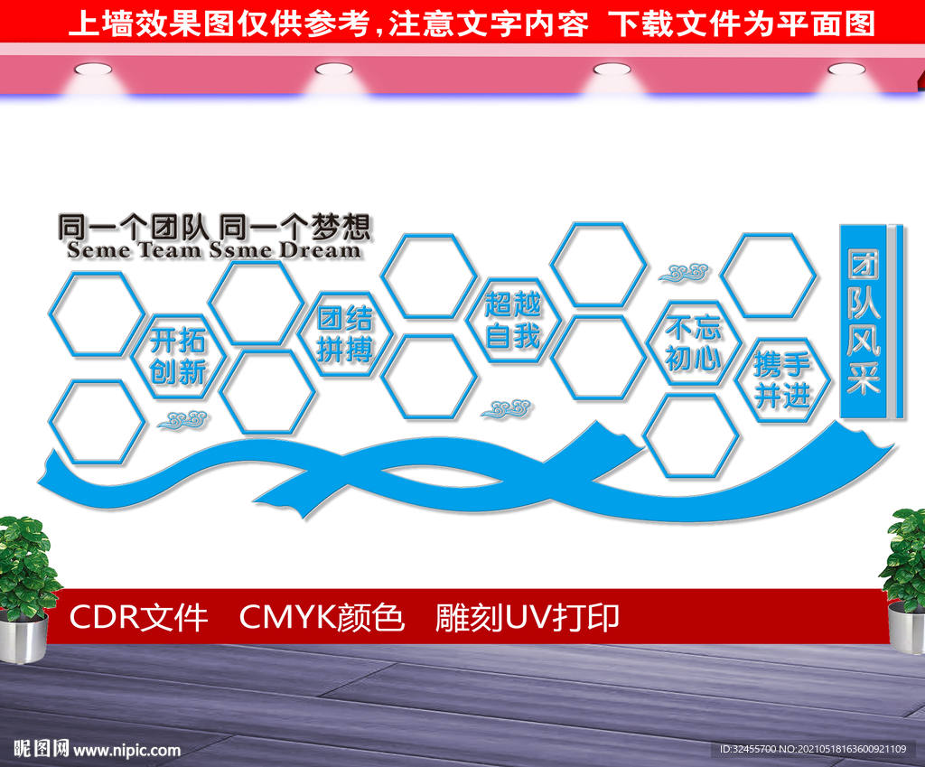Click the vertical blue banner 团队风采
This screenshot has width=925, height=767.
pos(864,321)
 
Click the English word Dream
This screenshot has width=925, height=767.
pos(319,250)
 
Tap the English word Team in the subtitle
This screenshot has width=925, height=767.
pos(170,250)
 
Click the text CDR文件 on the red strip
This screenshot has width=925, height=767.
pos(138,618)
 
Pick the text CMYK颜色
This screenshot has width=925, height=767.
pos(322,618)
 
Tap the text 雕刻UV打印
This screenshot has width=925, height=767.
pos(527,618)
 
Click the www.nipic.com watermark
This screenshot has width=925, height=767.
pos(126,750)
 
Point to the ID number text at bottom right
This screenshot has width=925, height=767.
pos(813,749)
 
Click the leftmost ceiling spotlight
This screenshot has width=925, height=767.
pos(93,70)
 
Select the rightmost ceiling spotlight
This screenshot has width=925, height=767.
pos(846,70)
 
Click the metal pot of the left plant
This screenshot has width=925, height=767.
pos(23,636)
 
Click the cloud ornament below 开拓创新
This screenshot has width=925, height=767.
pos(182,420)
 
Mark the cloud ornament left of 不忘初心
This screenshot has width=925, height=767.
pos(685,273)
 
